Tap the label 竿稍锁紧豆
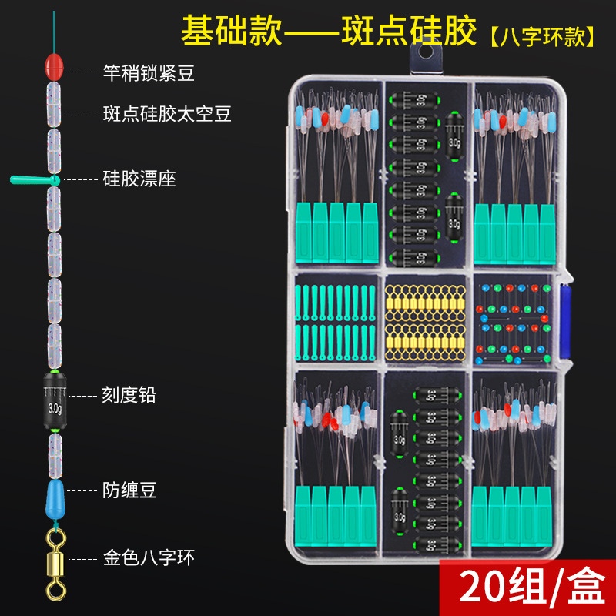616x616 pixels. (x=148, y=73)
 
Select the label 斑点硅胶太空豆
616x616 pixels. (x=166, y=114)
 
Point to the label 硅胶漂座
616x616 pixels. (x=139, y=179)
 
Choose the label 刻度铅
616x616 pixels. (x=129, y=395)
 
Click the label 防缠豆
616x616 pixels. (x=129, y=490)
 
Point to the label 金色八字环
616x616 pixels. (x=148, y=556)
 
